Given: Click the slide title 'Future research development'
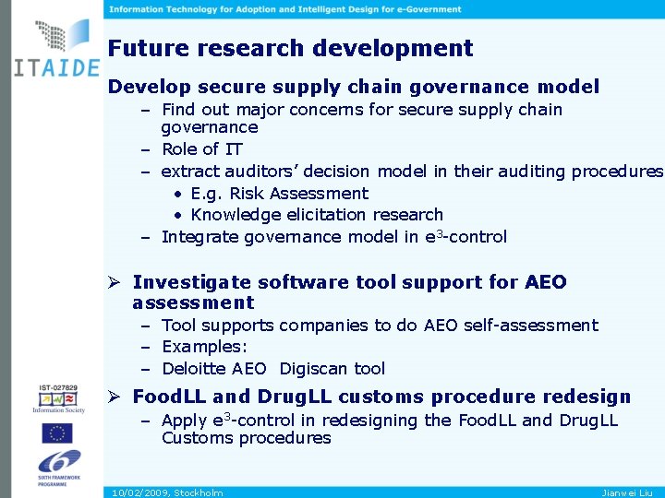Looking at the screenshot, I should [x=290, y=48].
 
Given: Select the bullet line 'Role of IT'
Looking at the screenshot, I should [x=201, y=149].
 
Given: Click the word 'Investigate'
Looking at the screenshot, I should [x=191, y=282].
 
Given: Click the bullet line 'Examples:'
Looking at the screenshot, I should [x=204, y=347].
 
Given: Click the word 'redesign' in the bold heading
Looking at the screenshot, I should [x=587, y=397].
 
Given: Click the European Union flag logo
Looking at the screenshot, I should [x=58, y=433].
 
